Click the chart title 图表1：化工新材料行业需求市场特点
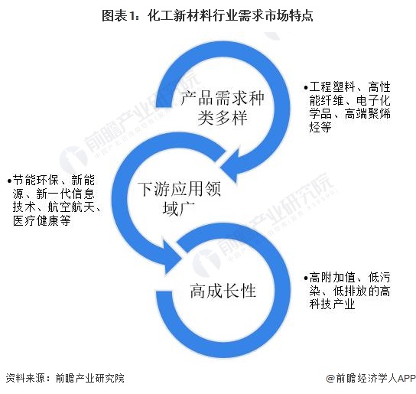coord(207,15)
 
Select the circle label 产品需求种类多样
coord(223,107)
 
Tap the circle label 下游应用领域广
coord(179,198)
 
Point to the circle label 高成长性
coord(223,291)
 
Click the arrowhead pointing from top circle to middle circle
coord(230,166)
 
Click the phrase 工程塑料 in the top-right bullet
coord(332,86)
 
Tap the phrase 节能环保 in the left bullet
coord(35,181)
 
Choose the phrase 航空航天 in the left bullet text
coord(70,207)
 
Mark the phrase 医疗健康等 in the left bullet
coord(41,220)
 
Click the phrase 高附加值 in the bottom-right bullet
coord(332,278)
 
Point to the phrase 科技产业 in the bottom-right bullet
coord(332,304)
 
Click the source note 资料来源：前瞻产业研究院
coord(65,378)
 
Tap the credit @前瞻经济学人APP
coord(371,378)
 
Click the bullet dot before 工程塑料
coord(306,88)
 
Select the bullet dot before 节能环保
coord(9,181)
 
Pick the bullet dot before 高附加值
coord(306,278)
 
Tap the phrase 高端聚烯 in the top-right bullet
coord(368,114)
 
